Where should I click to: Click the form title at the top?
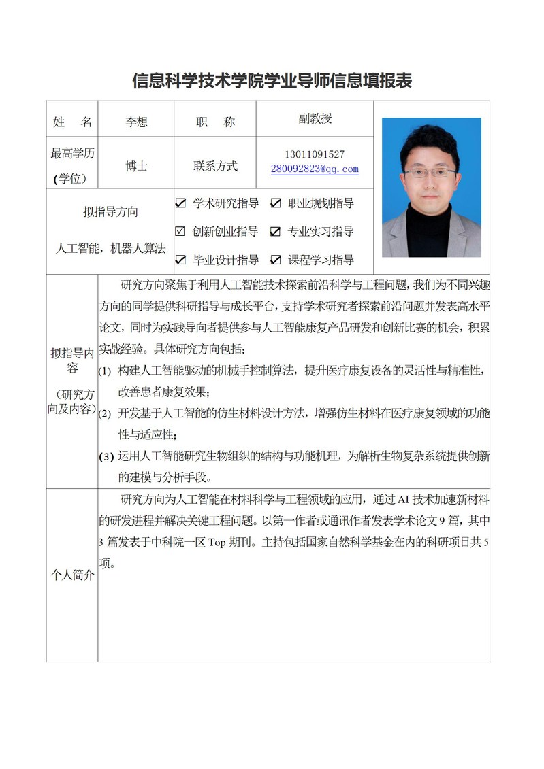272,81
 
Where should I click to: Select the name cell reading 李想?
136,122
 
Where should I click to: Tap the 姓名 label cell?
72,122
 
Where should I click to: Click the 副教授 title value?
315,119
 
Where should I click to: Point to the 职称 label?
215,122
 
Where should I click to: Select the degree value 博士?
136,165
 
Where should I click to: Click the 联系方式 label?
215,165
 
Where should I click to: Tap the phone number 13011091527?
315,155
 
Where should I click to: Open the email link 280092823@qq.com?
315,169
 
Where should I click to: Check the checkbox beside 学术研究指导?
180,203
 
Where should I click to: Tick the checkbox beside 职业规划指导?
276,203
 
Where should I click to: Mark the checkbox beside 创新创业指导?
180,232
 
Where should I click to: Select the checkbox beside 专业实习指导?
276,232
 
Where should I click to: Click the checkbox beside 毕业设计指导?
180,260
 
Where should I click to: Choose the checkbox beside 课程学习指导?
276,260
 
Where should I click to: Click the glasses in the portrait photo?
430,173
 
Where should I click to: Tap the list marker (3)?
106,457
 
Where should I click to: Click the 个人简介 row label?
72,575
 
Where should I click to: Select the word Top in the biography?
216,543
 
